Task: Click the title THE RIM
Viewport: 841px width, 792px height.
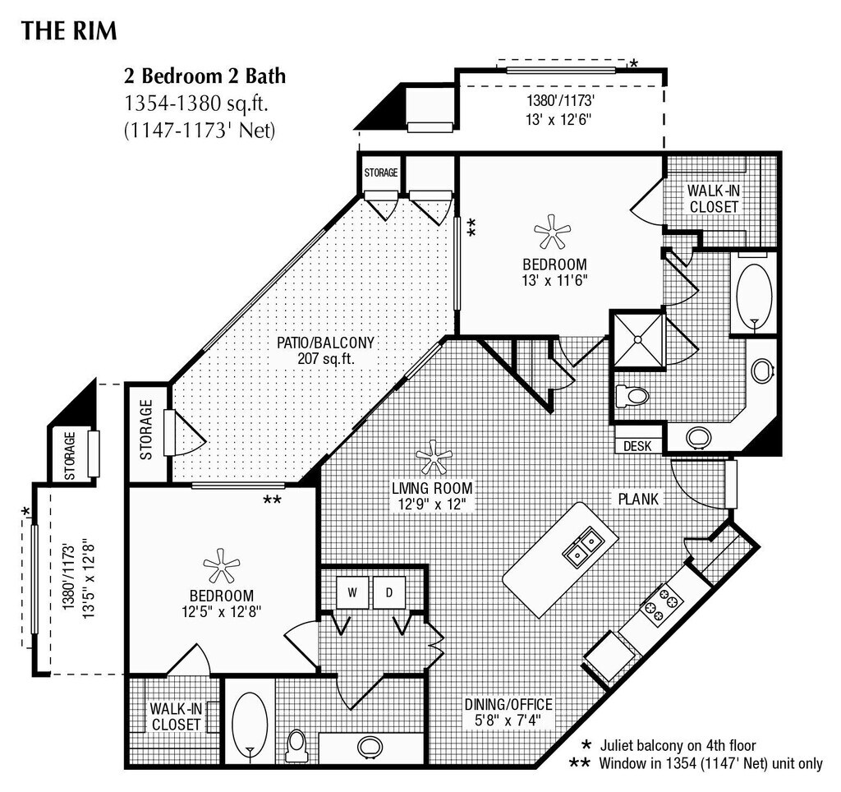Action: click(x=69, y=31)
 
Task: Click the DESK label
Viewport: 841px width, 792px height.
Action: click(x=636, y=446)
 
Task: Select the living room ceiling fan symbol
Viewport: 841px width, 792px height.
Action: click(x=432, y=457)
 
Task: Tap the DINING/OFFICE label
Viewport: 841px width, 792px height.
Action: click(x=508, y=705)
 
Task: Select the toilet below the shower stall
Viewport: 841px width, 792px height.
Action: click(x=633, y=396)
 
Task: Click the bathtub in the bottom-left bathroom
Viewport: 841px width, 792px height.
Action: click(x=250, y=721)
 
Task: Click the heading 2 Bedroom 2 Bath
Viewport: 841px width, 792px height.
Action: click(x=205, y=76)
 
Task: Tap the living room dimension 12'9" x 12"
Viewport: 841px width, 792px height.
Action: click(x=432, y=503)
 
